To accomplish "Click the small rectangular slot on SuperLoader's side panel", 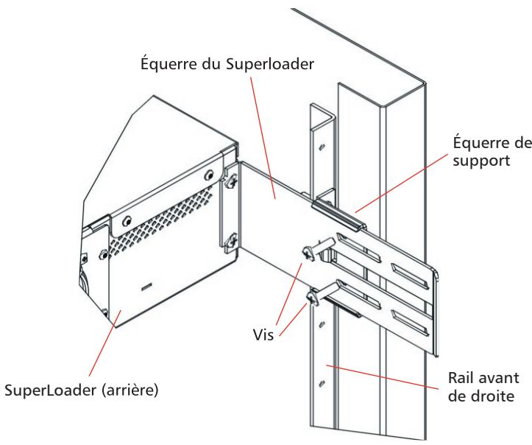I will (x=146, y=284).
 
